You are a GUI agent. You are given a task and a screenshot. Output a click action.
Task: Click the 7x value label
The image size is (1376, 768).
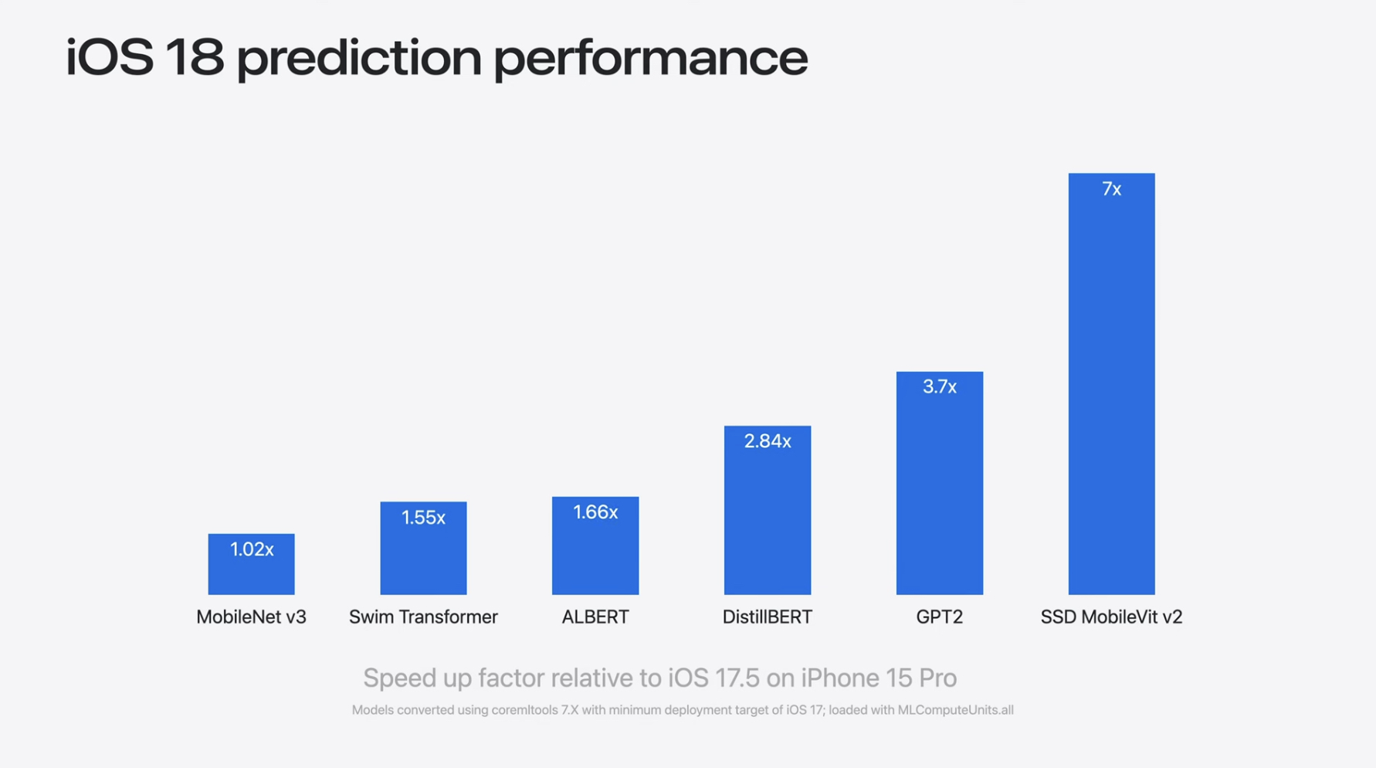tap(1111, 189)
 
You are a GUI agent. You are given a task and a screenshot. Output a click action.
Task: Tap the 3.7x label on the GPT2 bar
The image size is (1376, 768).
tap(939, 387)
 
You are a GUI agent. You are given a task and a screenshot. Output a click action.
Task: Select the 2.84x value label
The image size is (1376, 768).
tap(767, 441)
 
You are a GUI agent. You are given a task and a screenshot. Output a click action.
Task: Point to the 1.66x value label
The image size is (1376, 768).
tap(595, 512)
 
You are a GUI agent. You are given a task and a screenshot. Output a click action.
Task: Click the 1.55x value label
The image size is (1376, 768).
tap(423, 518)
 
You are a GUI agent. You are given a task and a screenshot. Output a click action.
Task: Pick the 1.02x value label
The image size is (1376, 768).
tap(251, 549)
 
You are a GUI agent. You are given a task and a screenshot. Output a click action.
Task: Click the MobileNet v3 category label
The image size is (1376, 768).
tap(251, 617)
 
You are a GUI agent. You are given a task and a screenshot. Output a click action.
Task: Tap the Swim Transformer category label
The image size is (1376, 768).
tap(423, 617)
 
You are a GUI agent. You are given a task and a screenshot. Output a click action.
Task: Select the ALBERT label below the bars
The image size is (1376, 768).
tap(595, 617)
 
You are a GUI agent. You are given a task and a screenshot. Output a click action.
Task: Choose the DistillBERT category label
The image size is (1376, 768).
tap(767, 617)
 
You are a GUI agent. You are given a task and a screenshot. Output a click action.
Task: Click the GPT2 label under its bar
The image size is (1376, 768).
tap(939, 617)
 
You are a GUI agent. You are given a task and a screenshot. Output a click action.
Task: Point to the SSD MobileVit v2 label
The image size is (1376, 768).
tap(1111, 617)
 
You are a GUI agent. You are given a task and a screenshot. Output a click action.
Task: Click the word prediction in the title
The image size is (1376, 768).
tap(358, 58)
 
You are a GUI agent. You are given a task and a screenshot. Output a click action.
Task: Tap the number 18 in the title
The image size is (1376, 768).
tap(194, 58)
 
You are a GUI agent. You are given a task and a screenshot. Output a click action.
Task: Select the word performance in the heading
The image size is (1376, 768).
tap(650, 58)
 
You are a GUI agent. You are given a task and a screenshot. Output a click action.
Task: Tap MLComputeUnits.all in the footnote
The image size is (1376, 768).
tap(954, 709)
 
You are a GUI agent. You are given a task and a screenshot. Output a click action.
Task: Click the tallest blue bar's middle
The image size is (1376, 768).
tap(1111, 384)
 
